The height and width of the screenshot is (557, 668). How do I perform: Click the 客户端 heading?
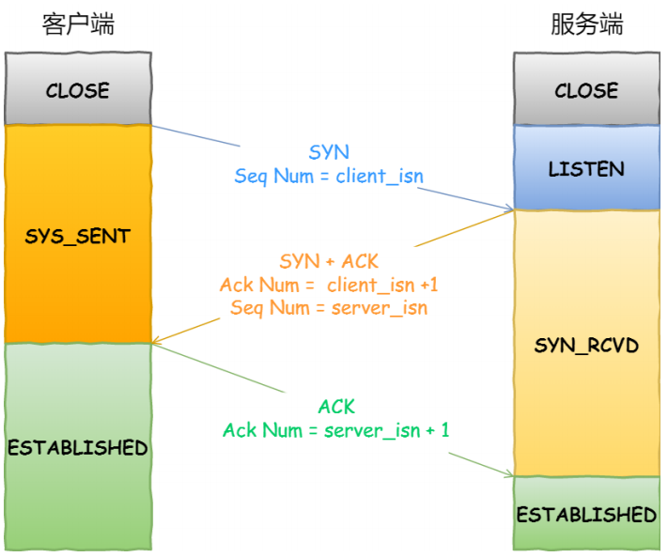point(78,25)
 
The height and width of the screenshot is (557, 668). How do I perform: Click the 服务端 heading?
point(586,25)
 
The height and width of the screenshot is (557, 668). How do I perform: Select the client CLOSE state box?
point(78,90)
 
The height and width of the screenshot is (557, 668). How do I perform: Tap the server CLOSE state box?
point(586,90)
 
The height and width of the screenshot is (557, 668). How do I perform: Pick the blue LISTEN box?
point(586,169)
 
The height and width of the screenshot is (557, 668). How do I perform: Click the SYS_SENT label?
point(78,236)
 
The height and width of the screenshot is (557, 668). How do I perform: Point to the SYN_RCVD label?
point(586,346)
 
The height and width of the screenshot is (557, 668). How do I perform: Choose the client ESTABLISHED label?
point(78,447)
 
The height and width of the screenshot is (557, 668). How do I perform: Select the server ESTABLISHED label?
point(586,514)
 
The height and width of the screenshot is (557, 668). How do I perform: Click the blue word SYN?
point(329,152)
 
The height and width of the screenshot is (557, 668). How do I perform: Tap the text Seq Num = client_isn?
point(329,176)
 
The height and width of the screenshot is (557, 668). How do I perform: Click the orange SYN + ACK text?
point(329,261)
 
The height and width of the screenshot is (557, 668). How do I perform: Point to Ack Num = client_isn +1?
point(329,285)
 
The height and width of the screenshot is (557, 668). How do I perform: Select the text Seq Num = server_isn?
point(329,307)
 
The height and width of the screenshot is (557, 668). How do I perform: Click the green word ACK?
point(336,407)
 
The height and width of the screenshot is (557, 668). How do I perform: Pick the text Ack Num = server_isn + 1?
point(336,430)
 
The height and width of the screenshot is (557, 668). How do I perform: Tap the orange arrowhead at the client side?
point(157,340)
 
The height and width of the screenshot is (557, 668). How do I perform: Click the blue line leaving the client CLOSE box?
point(197,136)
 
